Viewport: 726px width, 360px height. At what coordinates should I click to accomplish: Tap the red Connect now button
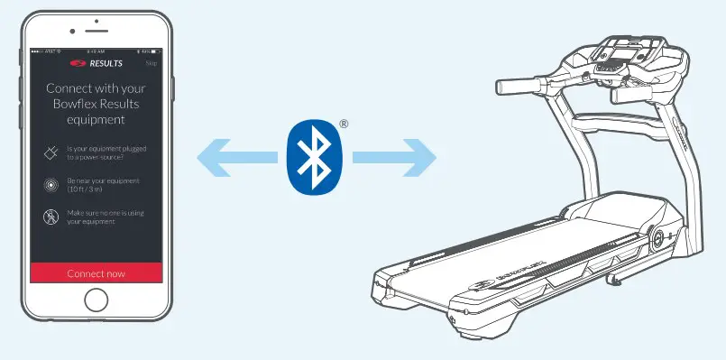pyautogui.click(x=96, y=273)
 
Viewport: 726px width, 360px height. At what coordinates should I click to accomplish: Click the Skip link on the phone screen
pyautogui.click(x=153, y=64)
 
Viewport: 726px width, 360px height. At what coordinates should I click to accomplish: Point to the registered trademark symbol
pyautogui.click(x=343, y=124)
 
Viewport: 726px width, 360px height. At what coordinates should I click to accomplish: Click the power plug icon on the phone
pyautogui.click(x=51, y=152)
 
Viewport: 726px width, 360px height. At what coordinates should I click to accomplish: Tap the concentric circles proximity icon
pyautogui.click(x=51, y=184)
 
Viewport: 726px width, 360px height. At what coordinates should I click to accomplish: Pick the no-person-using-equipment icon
pyautogui.click(x=51, y=217)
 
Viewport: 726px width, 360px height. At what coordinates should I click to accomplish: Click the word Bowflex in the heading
pyautogui.click(x=71, y=104)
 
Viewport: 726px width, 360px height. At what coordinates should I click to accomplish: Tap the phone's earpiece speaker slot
pyautogui.click(x=96, y=30)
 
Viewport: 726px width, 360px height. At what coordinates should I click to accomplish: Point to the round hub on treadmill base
pyautogui.click(x=657, y=238)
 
